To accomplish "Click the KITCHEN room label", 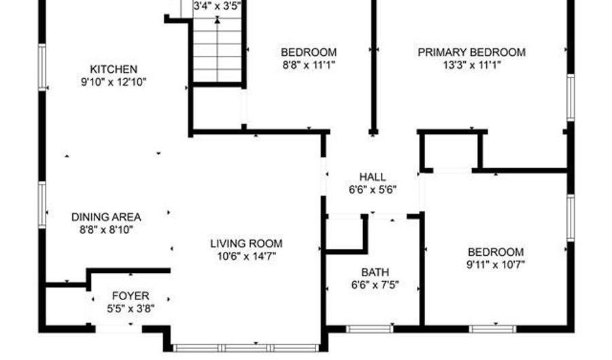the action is [x=114, y=69].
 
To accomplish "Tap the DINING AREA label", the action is [x=106, y=217].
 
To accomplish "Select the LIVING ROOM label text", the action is [x=246, y=244].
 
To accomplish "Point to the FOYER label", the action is [x=131, y=296].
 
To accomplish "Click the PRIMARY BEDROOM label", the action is [x=471, y=52].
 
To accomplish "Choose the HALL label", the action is [x=373, y=177].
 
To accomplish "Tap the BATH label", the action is [x=375, y=272].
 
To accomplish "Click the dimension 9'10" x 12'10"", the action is [x=114, y=82].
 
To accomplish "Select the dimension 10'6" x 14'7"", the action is [x=247, y=257].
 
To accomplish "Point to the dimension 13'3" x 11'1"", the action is [x=472, y=65].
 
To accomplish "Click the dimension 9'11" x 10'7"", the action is [x=496, y=265].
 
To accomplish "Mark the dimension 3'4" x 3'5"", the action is [x=218, y=6].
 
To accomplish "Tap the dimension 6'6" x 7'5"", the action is [x=375, y=285].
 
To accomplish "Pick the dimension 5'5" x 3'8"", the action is [x=131, y=309].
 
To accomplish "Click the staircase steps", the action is [x=218, y=50].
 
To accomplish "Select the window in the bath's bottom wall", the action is [x=370, y=329].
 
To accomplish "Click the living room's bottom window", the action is [x=246, y=348].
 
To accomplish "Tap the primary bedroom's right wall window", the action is [x=571, y=97].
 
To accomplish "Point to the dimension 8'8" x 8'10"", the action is [x=107, y=230].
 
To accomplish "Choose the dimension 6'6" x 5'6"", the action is [x=373, y=190].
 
